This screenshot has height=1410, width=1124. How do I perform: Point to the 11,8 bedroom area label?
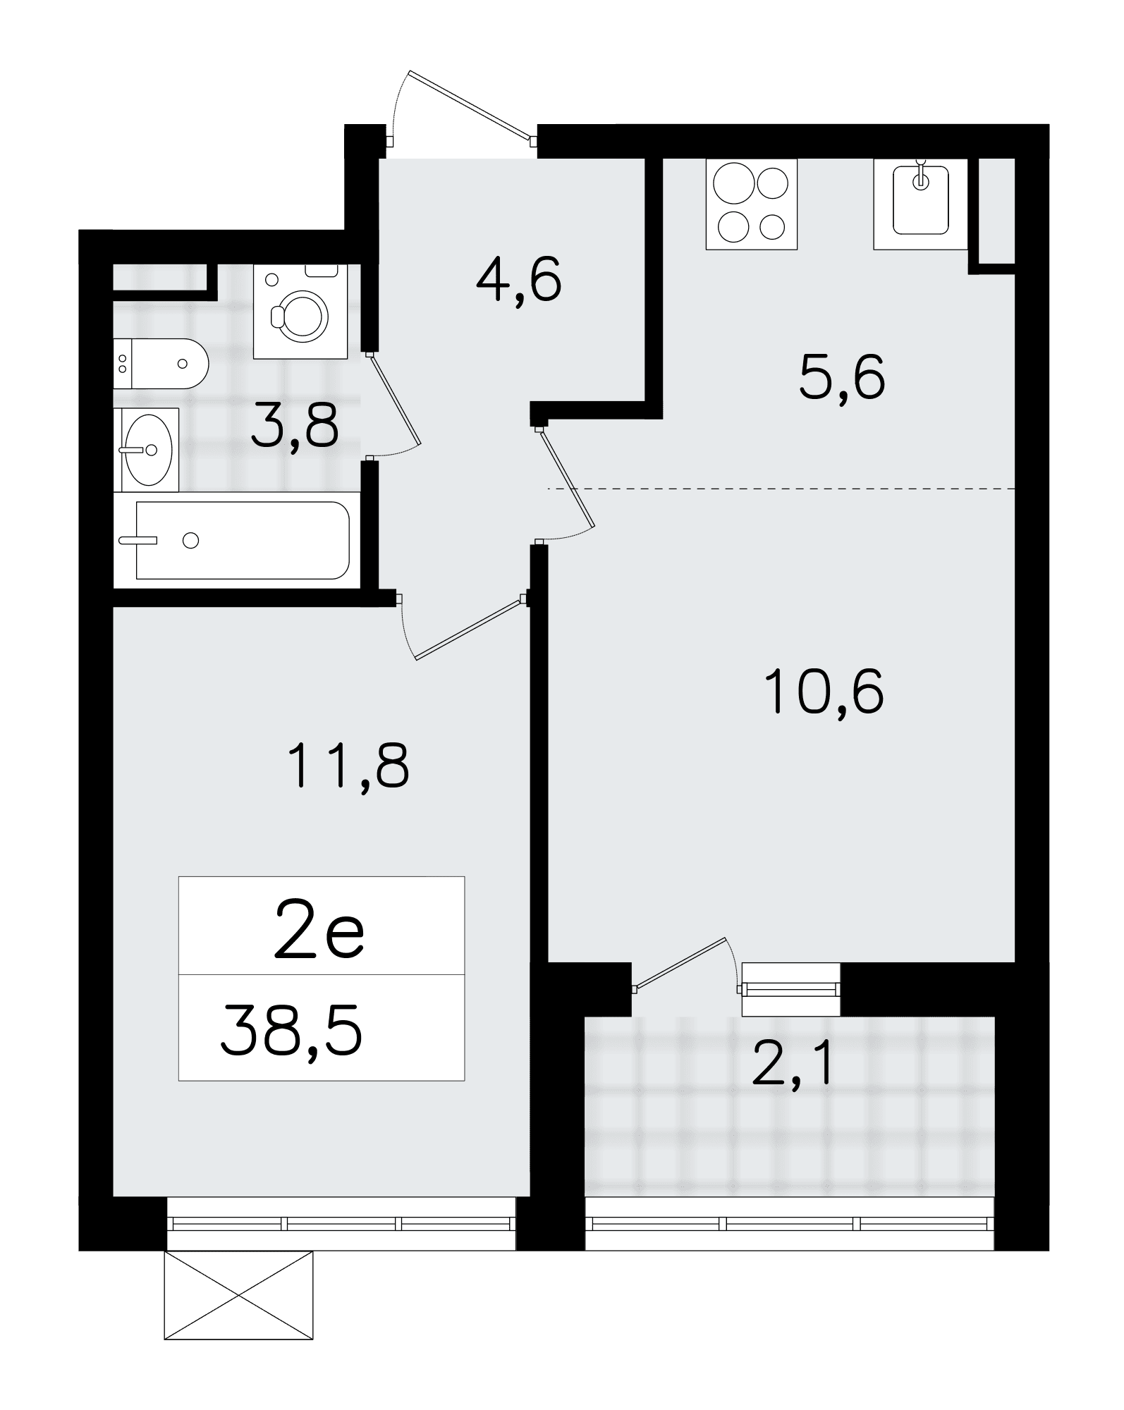[x=350, y=767]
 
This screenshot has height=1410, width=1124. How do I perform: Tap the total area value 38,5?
[x=292, y=1031]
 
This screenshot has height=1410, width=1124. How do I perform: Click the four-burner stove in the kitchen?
[x=752, y=204]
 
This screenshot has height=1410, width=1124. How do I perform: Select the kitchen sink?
[x=920, y=204]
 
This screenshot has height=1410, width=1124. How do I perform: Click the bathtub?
[x=238, y=540]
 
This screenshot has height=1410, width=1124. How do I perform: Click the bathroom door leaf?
[x=396, y=400]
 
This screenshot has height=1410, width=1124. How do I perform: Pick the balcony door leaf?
[x=680, y=963]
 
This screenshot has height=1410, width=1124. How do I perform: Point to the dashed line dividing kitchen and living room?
[x=781, y=489]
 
